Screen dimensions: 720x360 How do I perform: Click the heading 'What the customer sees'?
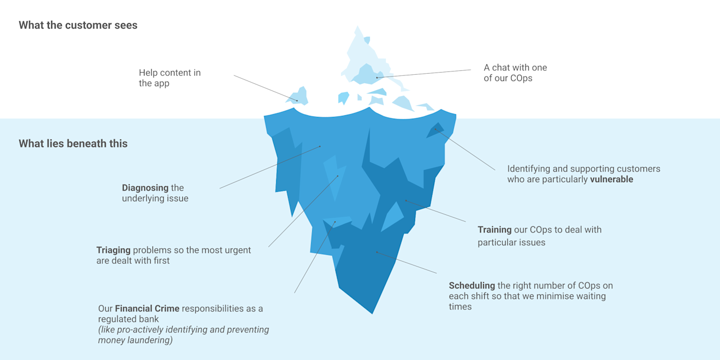78,25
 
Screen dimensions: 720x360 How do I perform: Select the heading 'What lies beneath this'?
73,143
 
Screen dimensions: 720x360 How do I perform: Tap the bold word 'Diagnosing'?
145,188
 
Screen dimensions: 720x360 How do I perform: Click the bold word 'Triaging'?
113,250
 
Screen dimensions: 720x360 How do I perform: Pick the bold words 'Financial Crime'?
147,309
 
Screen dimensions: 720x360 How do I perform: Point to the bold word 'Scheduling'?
472,286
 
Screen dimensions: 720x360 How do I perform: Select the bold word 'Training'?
494,229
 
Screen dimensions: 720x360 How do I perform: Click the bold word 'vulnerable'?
611,179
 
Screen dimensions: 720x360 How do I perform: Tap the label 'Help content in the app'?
169,78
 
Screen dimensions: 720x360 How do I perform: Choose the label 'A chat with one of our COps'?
515,73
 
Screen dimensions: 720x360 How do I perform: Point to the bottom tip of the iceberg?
372,312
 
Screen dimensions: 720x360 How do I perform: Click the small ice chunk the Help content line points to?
299,97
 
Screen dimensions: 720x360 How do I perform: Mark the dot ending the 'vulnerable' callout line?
435,130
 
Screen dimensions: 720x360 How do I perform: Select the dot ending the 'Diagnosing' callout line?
320,147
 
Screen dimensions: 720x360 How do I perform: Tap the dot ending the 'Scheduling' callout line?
376,253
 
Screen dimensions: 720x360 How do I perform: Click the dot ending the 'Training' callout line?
406,200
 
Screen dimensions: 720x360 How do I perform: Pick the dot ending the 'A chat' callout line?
377,77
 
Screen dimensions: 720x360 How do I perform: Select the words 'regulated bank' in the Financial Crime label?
128,319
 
